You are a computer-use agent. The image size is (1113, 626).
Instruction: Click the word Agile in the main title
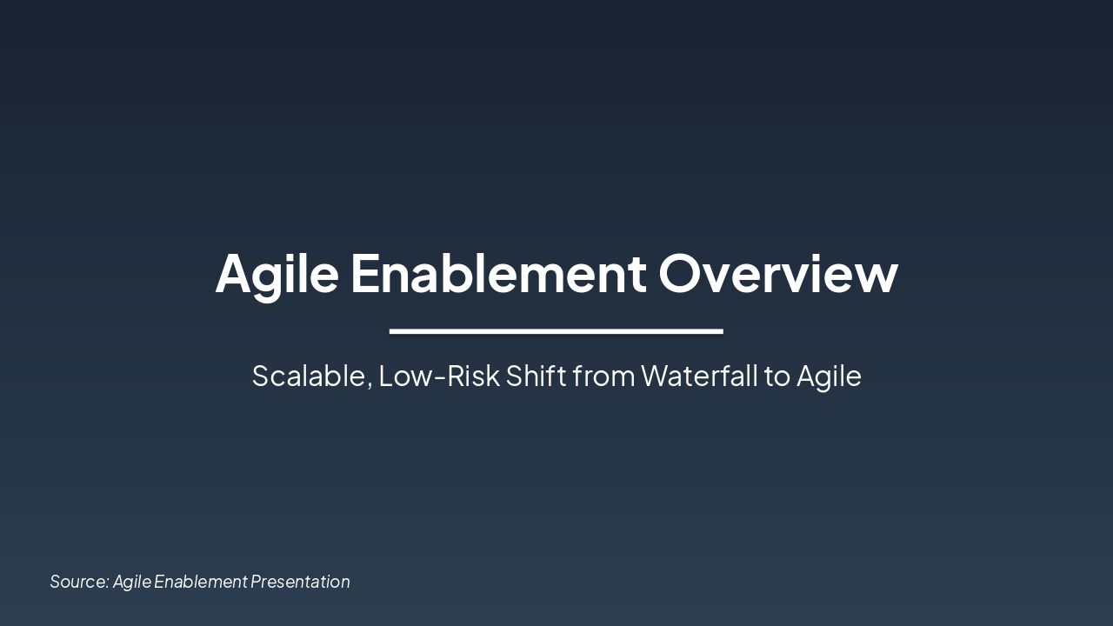tap(277, 274)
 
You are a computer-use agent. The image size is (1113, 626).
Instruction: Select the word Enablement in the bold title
tap(498, 273)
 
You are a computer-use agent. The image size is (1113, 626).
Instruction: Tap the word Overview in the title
tap(778, 273)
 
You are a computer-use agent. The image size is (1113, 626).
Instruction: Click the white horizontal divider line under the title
tap(556, 331)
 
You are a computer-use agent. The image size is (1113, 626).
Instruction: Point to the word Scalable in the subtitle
tap(309, 376)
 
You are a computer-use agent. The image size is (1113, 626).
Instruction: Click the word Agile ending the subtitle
tap(829, 376)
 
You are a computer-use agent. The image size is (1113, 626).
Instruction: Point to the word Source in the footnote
tap(77, 582)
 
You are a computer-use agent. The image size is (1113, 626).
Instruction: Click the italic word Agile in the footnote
tap(132, 582)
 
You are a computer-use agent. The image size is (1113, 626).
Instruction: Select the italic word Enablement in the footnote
tap(201, 582)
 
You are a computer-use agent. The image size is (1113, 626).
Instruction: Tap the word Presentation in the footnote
tap(300, 582)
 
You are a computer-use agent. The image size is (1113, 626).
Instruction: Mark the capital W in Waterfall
tap(655, 376)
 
